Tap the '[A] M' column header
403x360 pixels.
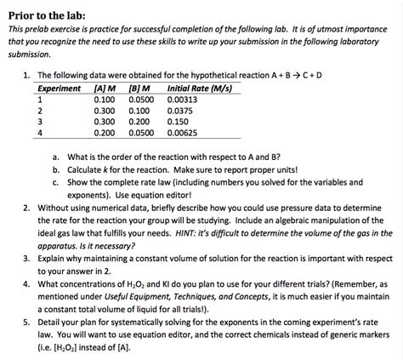[106, 89]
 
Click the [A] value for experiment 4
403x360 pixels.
[105, 133]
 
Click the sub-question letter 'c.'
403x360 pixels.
[55, 181]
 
